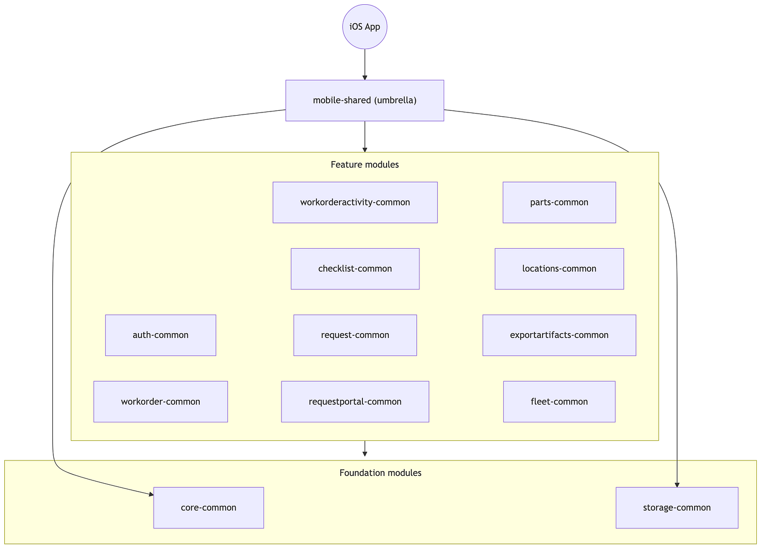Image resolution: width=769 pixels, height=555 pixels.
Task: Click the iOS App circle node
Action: [364, 27]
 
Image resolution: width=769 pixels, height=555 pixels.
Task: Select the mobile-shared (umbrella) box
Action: [364, 100]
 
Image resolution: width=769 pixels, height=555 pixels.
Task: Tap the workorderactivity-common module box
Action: [355, 202]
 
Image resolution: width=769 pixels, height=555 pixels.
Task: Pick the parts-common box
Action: [559, 202]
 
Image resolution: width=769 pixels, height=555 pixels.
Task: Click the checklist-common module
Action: [355, 269]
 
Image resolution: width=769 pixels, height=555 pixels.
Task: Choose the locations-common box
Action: [559, 269]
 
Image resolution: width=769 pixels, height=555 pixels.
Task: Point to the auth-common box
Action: [161, 335]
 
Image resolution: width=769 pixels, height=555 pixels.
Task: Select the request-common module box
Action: [355, 335]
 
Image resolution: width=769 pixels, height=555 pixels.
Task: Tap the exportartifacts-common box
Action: [559, 335]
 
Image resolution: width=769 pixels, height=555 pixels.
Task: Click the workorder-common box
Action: [161, 401]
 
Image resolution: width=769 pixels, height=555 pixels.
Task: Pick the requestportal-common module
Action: [355, 401]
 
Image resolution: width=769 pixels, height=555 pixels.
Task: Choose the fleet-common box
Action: [559, 401]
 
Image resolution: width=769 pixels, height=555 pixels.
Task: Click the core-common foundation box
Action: [209, 507]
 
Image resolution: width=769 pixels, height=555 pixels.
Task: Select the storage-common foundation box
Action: [677, 507]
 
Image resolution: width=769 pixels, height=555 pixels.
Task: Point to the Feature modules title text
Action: [364, 165]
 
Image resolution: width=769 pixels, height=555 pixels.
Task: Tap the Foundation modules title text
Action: [380, 473]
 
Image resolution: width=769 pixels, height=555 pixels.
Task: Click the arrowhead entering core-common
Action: [152, 494]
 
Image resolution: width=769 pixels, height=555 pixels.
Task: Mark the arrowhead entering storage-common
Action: [677, 485]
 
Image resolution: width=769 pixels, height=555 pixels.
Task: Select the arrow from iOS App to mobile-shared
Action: [364, 64]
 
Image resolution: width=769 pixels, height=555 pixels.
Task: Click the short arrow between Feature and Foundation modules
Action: [364, 449]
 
